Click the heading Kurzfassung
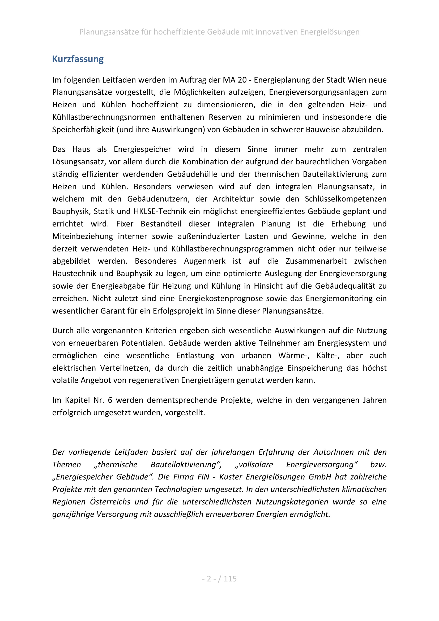click(x=78, y=59)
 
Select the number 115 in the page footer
click(x=230, y=579)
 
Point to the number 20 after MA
click(x=242, y=80)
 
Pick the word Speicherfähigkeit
click(x=84, y=130)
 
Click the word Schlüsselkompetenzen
click(x=346, y=199)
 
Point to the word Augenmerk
click(x=205, y=261)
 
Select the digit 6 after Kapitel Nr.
click(x=110, y=400)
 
